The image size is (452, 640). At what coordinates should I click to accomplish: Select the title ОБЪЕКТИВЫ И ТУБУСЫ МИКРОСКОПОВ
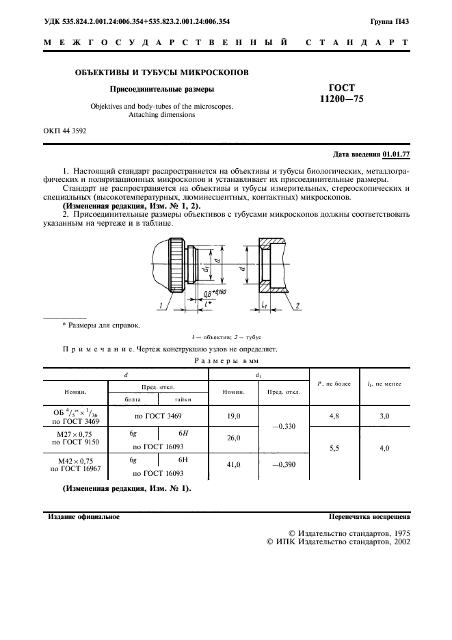point(161,72)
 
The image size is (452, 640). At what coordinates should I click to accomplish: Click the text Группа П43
point(390,23)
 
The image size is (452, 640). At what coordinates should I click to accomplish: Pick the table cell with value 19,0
point(233,416)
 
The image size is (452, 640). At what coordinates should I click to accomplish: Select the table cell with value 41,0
point(233,464)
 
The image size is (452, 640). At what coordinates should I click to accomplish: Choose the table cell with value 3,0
point(384,416)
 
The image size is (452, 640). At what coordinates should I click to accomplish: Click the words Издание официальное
point(83,517)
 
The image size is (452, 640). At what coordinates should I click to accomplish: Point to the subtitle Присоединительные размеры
point(161,89)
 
